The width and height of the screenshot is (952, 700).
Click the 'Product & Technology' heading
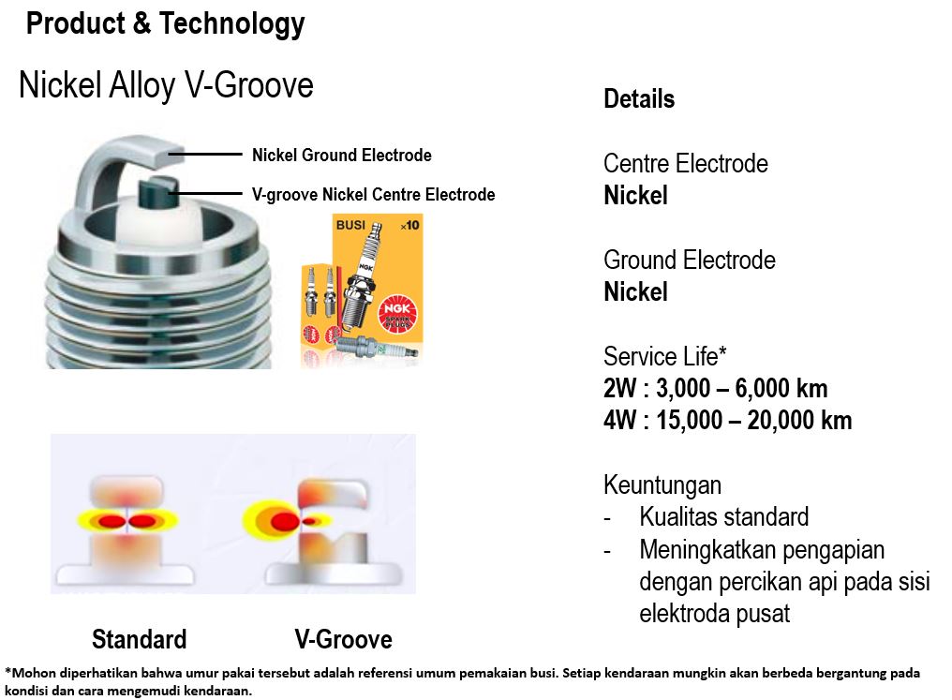165,24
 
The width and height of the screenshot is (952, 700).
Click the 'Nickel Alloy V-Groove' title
166,84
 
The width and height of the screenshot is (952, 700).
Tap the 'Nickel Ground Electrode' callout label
342,156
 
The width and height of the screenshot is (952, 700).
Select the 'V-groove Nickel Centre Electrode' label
373,194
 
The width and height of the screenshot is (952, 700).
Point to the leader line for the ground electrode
204,155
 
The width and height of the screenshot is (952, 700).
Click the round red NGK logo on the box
398,313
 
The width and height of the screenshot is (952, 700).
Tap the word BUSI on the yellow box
350,225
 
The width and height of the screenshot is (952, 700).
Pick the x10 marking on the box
409,225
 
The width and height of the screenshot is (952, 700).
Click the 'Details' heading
639,99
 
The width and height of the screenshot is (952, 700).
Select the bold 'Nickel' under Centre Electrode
635,196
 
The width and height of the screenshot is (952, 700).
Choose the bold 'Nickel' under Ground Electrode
635,292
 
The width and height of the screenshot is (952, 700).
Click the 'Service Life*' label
665,356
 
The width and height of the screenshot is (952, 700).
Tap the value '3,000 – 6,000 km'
742,389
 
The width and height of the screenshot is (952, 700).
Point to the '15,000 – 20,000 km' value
754,420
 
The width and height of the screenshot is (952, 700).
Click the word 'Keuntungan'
662,485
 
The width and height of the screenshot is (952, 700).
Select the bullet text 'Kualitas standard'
724,517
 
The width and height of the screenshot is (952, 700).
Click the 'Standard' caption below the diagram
139,639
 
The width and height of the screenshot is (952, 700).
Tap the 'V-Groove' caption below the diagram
344,639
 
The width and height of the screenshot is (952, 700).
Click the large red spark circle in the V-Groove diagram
285,521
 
